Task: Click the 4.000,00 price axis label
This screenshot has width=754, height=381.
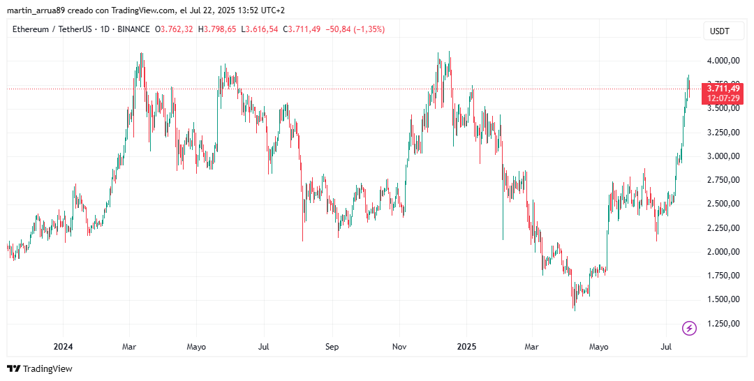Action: [x=723, y=61]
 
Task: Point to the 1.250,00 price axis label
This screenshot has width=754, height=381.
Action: [x=723, y=323]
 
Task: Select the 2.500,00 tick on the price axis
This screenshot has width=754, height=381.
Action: [x=723, y=204]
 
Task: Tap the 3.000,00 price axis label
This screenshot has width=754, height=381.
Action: [x=723, y=156]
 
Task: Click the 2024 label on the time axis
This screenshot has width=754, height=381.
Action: [x=63, y=346]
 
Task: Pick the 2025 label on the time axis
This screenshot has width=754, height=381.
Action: [x=466, y=346]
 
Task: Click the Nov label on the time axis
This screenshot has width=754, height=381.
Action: [x=399, y=346]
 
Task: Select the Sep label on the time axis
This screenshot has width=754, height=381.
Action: [x=332, y=346]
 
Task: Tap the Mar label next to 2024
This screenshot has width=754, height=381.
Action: [x=129, y=346]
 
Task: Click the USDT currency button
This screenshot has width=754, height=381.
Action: [x=720, y=31]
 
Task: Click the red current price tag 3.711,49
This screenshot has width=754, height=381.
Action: [x=723, y=88]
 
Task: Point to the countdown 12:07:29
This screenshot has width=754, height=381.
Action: [x=723, y=98]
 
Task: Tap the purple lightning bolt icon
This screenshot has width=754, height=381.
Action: [x=689, y=328]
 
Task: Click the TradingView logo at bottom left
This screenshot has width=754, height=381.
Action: [x=40, y=368]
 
